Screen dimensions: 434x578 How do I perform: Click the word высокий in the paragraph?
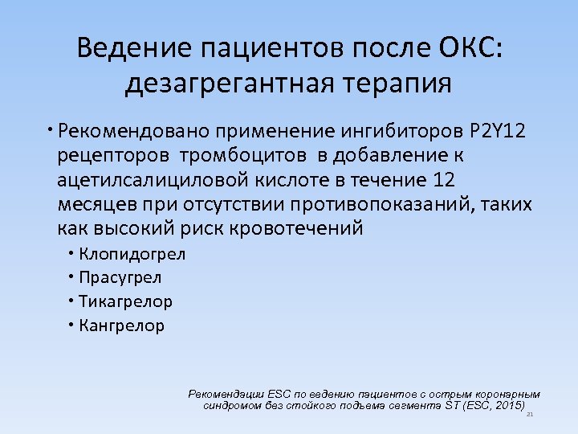pyautogui.click(x=132, y=228)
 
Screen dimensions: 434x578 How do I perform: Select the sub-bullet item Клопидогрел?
pyautogui.click(x=132, y=255)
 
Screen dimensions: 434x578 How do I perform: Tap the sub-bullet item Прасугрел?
pyautogui.click(x=120, y=278)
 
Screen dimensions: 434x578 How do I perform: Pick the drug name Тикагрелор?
pyautogui.click(x=125, y=302)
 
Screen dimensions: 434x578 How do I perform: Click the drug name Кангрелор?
pyautogui.click(x=122, y=326)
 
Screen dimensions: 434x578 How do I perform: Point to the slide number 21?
pyautogui.click(x=530, y=415)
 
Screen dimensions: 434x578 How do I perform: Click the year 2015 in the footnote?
pyautogui.click(x=509, y=406)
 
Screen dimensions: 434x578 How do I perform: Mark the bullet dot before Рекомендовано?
pyautogui.click(x=49, y=129)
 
